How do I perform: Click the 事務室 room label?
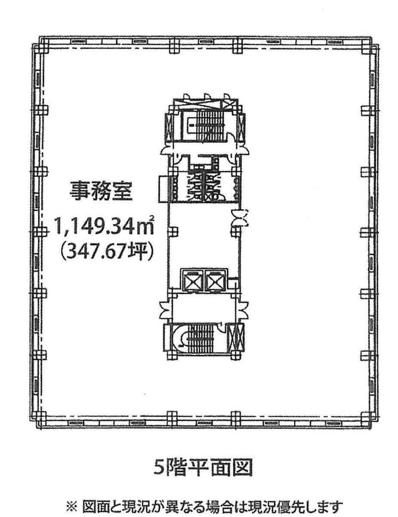pos(101,191)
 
